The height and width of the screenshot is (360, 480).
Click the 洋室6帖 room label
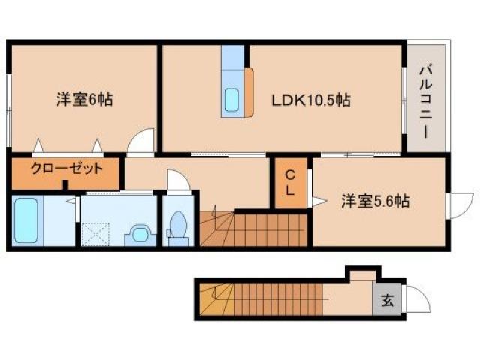84,99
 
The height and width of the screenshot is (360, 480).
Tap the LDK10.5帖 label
311,99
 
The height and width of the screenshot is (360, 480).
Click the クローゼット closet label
66,169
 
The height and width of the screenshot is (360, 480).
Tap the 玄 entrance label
387,302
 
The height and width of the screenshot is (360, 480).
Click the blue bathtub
25,220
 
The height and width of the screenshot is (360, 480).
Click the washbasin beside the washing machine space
139,233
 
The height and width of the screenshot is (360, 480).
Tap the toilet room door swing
178,182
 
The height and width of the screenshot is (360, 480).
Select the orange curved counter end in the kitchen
249,92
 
